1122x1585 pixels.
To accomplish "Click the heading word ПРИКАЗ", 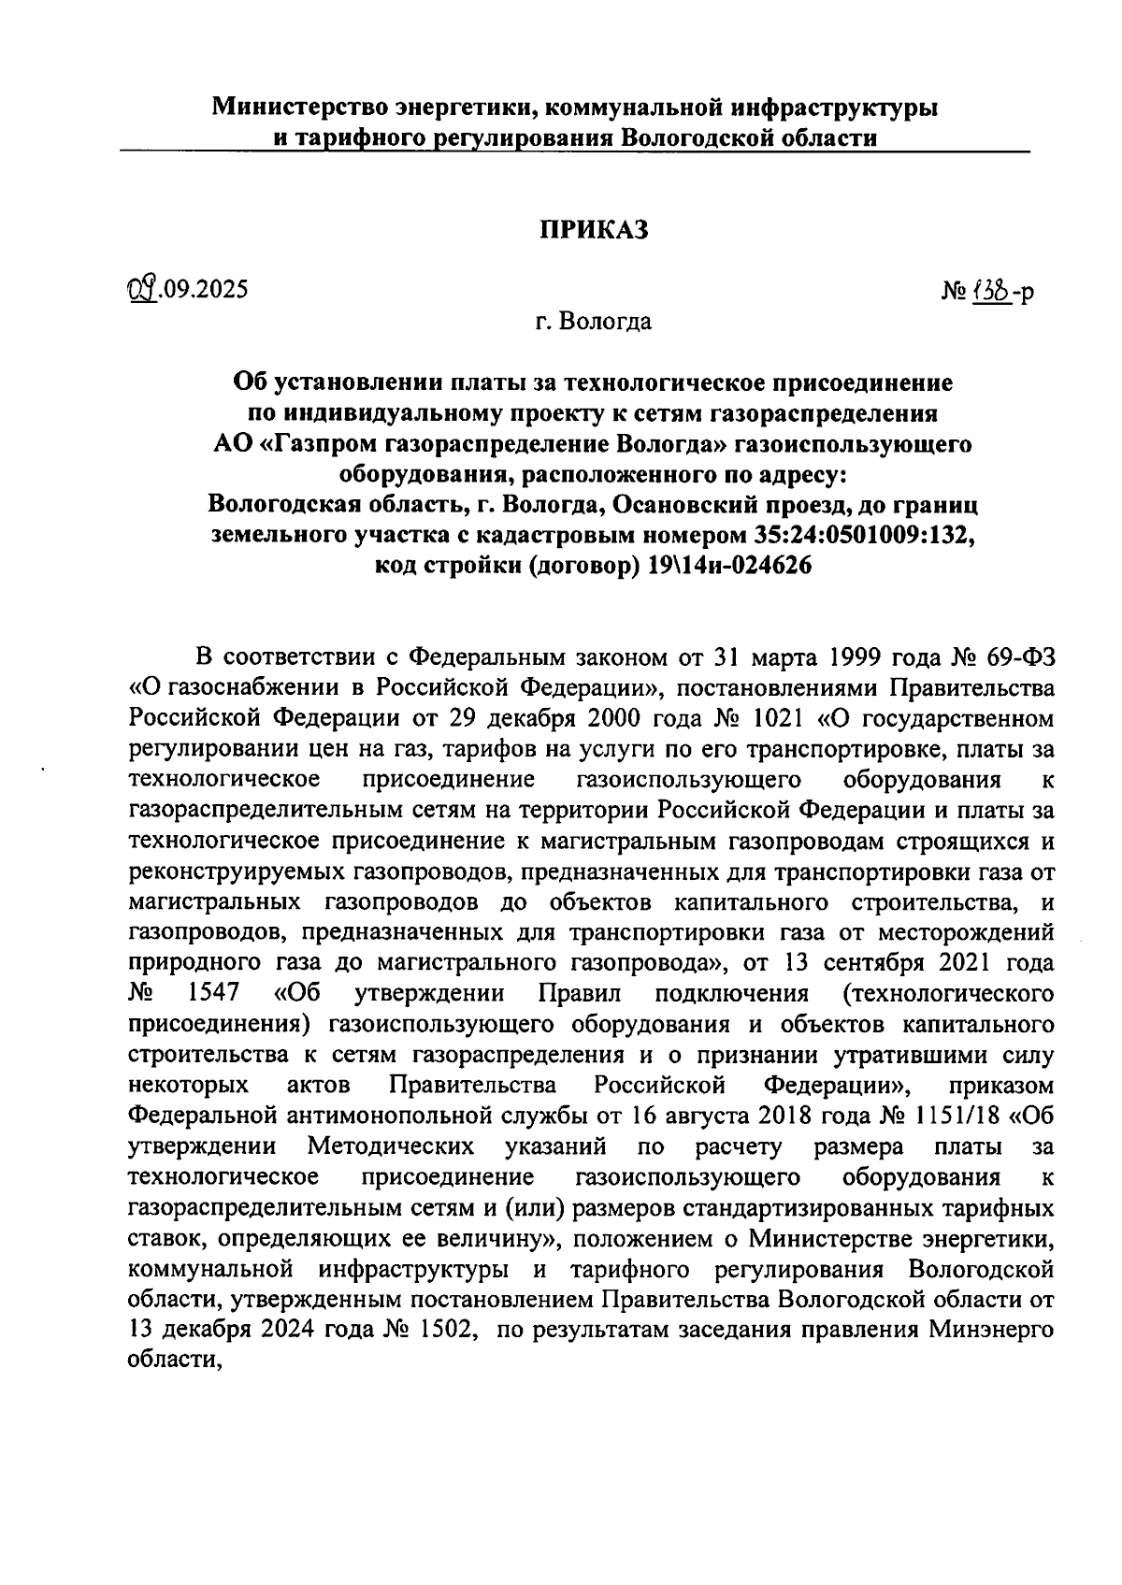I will click(x=594, y=230).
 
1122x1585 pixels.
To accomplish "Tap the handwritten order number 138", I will click(x=988, y=293).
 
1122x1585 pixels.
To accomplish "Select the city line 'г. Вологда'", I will click(x=593, y=323).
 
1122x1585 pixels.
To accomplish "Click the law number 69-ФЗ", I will click(x=1021, y=657).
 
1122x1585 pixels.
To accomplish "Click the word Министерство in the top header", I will click(x=300, y=108).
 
